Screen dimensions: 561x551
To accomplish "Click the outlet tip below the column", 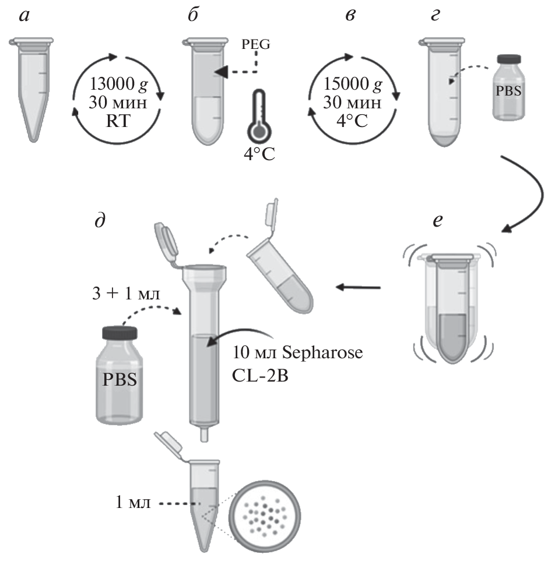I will [x=203, y=434].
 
